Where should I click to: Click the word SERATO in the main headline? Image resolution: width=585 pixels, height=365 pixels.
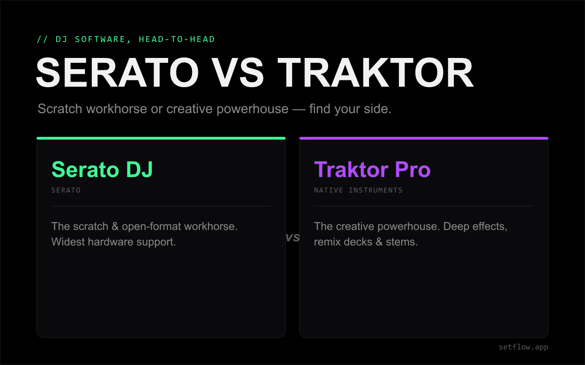point(117,73)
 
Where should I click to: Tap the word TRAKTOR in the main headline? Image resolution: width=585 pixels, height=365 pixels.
point(376,73)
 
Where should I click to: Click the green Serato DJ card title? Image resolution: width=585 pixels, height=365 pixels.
point(102,169)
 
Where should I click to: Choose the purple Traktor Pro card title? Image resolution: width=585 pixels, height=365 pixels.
point(372,169)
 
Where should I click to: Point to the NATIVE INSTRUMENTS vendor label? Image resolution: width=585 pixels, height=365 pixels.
point(358,190)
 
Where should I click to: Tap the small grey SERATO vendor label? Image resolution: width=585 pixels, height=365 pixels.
point(66,190)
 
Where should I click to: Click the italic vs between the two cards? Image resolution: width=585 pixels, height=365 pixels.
point(292,237)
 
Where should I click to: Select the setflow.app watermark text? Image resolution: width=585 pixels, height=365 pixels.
point(523,347)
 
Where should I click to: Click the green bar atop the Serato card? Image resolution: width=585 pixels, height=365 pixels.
point(161,138)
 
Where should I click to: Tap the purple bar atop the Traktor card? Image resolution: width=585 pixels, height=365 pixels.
point(424,138)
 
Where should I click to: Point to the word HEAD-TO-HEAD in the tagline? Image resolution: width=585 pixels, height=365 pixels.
point(177,39)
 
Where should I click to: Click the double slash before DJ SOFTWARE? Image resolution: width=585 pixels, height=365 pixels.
point(43,39)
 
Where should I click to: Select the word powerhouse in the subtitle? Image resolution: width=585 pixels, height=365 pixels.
point(253,109)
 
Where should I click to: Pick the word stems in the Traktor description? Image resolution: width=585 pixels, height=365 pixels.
point(402,242)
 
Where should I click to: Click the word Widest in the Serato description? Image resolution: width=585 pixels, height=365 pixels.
point(68,242)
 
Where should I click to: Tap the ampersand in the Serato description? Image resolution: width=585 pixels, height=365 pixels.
point(115,226)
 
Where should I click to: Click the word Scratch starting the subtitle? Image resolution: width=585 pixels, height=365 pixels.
point(60,109)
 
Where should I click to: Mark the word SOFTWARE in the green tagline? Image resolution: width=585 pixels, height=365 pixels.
point(100,39)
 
